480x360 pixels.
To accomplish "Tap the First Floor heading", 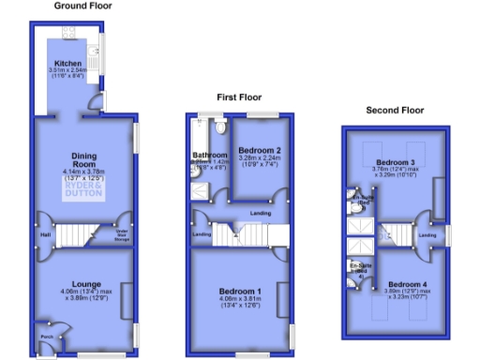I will point(239,97).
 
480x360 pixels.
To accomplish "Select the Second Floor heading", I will point(395,110).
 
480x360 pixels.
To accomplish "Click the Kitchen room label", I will point(68,63).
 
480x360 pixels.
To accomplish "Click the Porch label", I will point(44,337).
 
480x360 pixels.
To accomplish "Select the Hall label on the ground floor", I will point(44,234).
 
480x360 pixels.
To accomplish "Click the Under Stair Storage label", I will point(121,235).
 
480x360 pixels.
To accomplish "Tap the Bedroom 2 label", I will point(260,150).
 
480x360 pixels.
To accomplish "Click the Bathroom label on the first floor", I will point(209,155).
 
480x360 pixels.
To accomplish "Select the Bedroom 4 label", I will point(408,284).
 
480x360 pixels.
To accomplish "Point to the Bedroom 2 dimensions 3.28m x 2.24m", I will point(260,160).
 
